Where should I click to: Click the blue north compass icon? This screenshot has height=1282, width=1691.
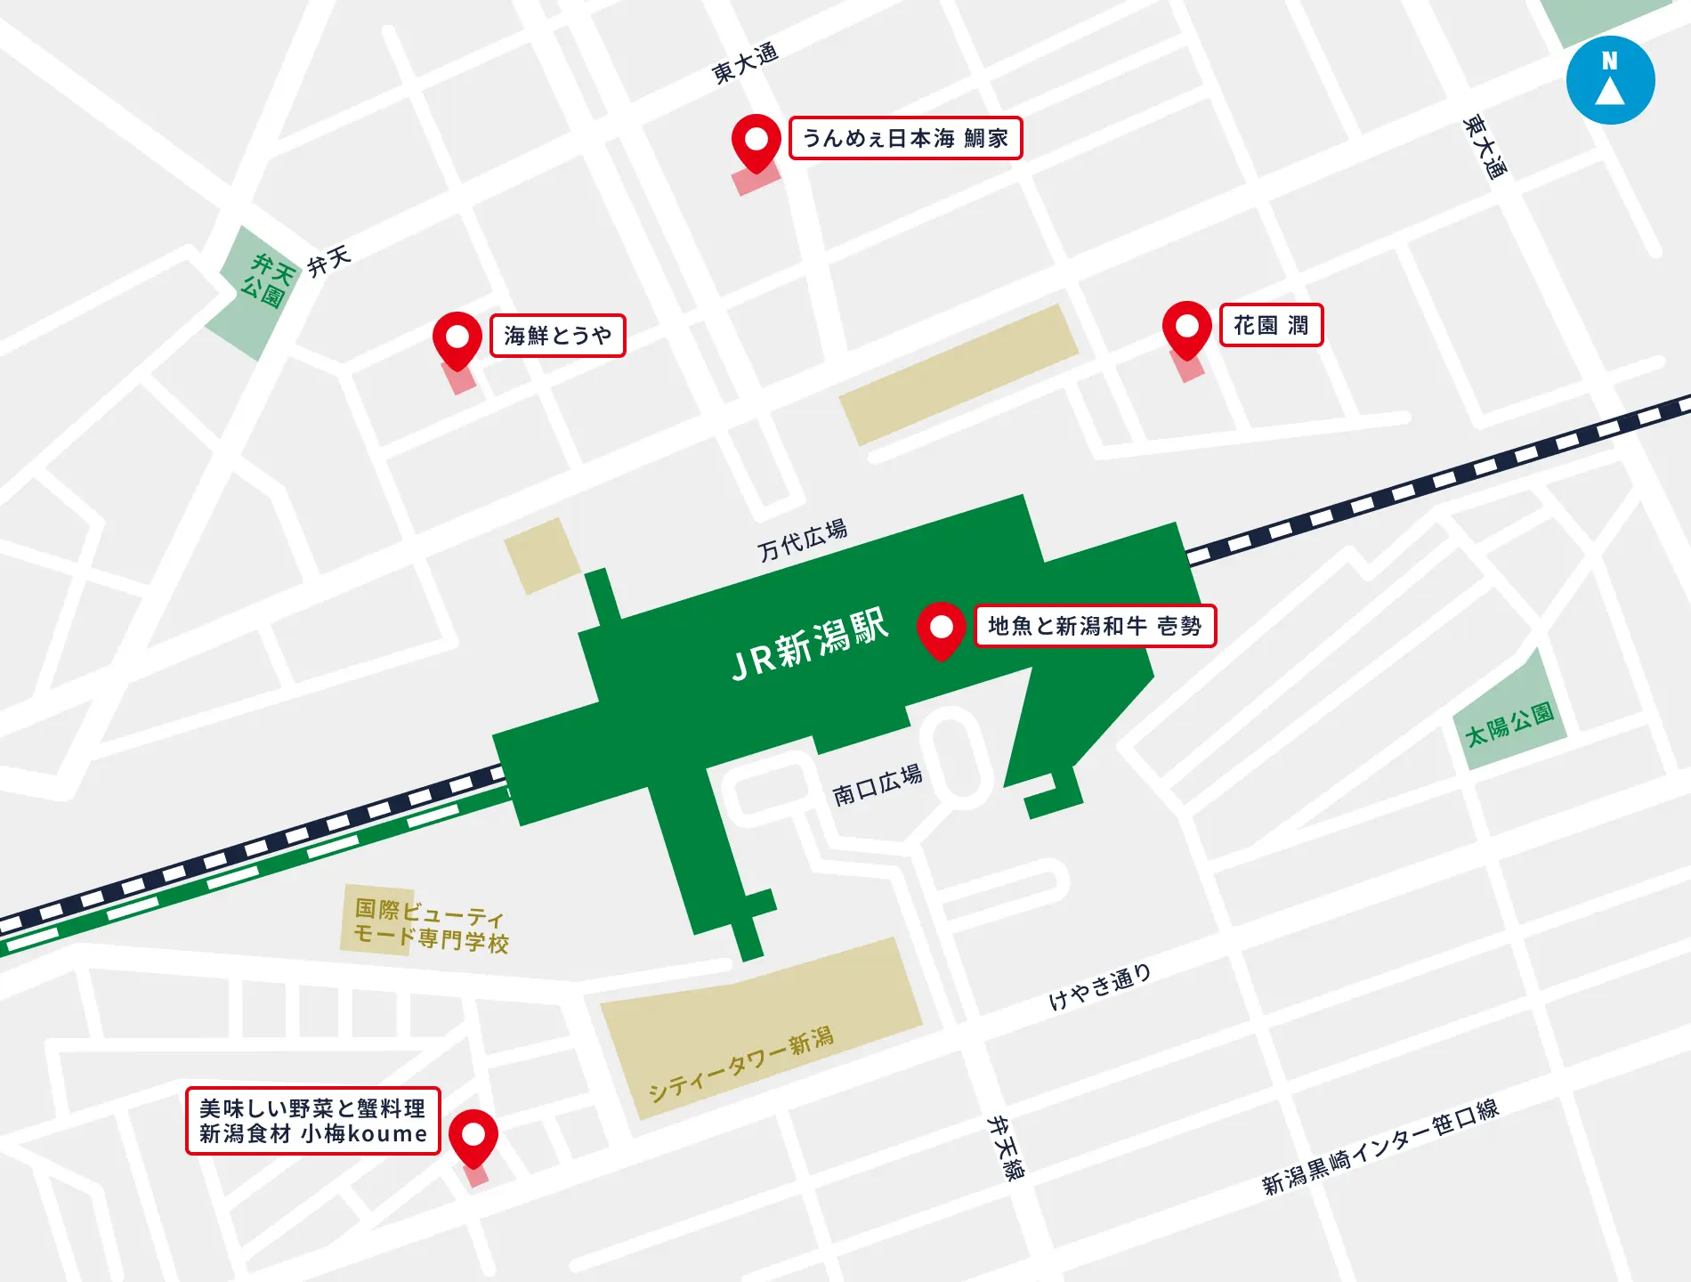pyautogui.click(x=1610, y=80)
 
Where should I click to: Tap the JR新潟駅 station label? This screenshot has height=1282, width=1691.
pyautogui.click(x=809, y=645)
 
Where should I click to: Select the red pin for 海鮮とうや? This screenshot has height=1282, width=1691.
pyautogui.click(x=457, y=338)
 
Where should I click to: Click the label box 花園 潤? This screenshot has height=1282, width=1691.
pyautogui.click(x=1271, y=325)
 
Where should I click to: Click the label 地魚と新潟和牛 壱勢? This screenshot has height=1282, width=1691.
pyautogui.click(x=1095, y=626)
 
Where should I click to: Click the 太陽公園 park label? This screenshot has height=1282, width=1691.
pyautogui.click(x=1509, y=724)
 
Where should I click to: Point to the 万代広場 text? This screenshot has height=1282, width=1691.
pyautogui.click(x=802, y=540)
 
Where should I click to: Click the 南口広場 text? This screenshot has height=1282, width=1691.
pyautogui.click(x=877, y=785)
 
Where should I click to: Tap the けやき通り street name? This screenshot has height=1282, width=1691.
pyautogui.click(x=1100, y=988)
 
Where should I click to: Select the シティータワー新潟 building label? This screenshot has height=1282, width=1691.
pyautogui.click(x=740, y=1065)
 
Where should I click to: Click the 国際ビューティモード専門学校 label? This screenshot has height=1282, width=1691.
pyautogui.click(x=430, y=925)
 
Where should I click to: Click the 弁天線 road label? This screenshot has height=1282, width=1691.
pyautogui.click(x=1007, y=1148)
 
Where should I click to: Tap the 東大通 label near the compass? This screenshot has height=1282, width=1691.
pyautogui.click(x=1485, y=147)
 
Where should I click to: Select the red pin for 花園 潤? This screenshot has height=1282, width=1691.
pyautogui.click(x=1186, y=329)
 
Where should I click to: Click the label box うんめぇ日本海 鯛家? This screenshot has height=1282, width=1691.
pyautogui.click(x=905, y=138)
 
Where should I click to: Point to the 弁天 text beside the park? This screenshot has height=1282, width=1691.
pyautogui.click(x=329, y=262)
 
